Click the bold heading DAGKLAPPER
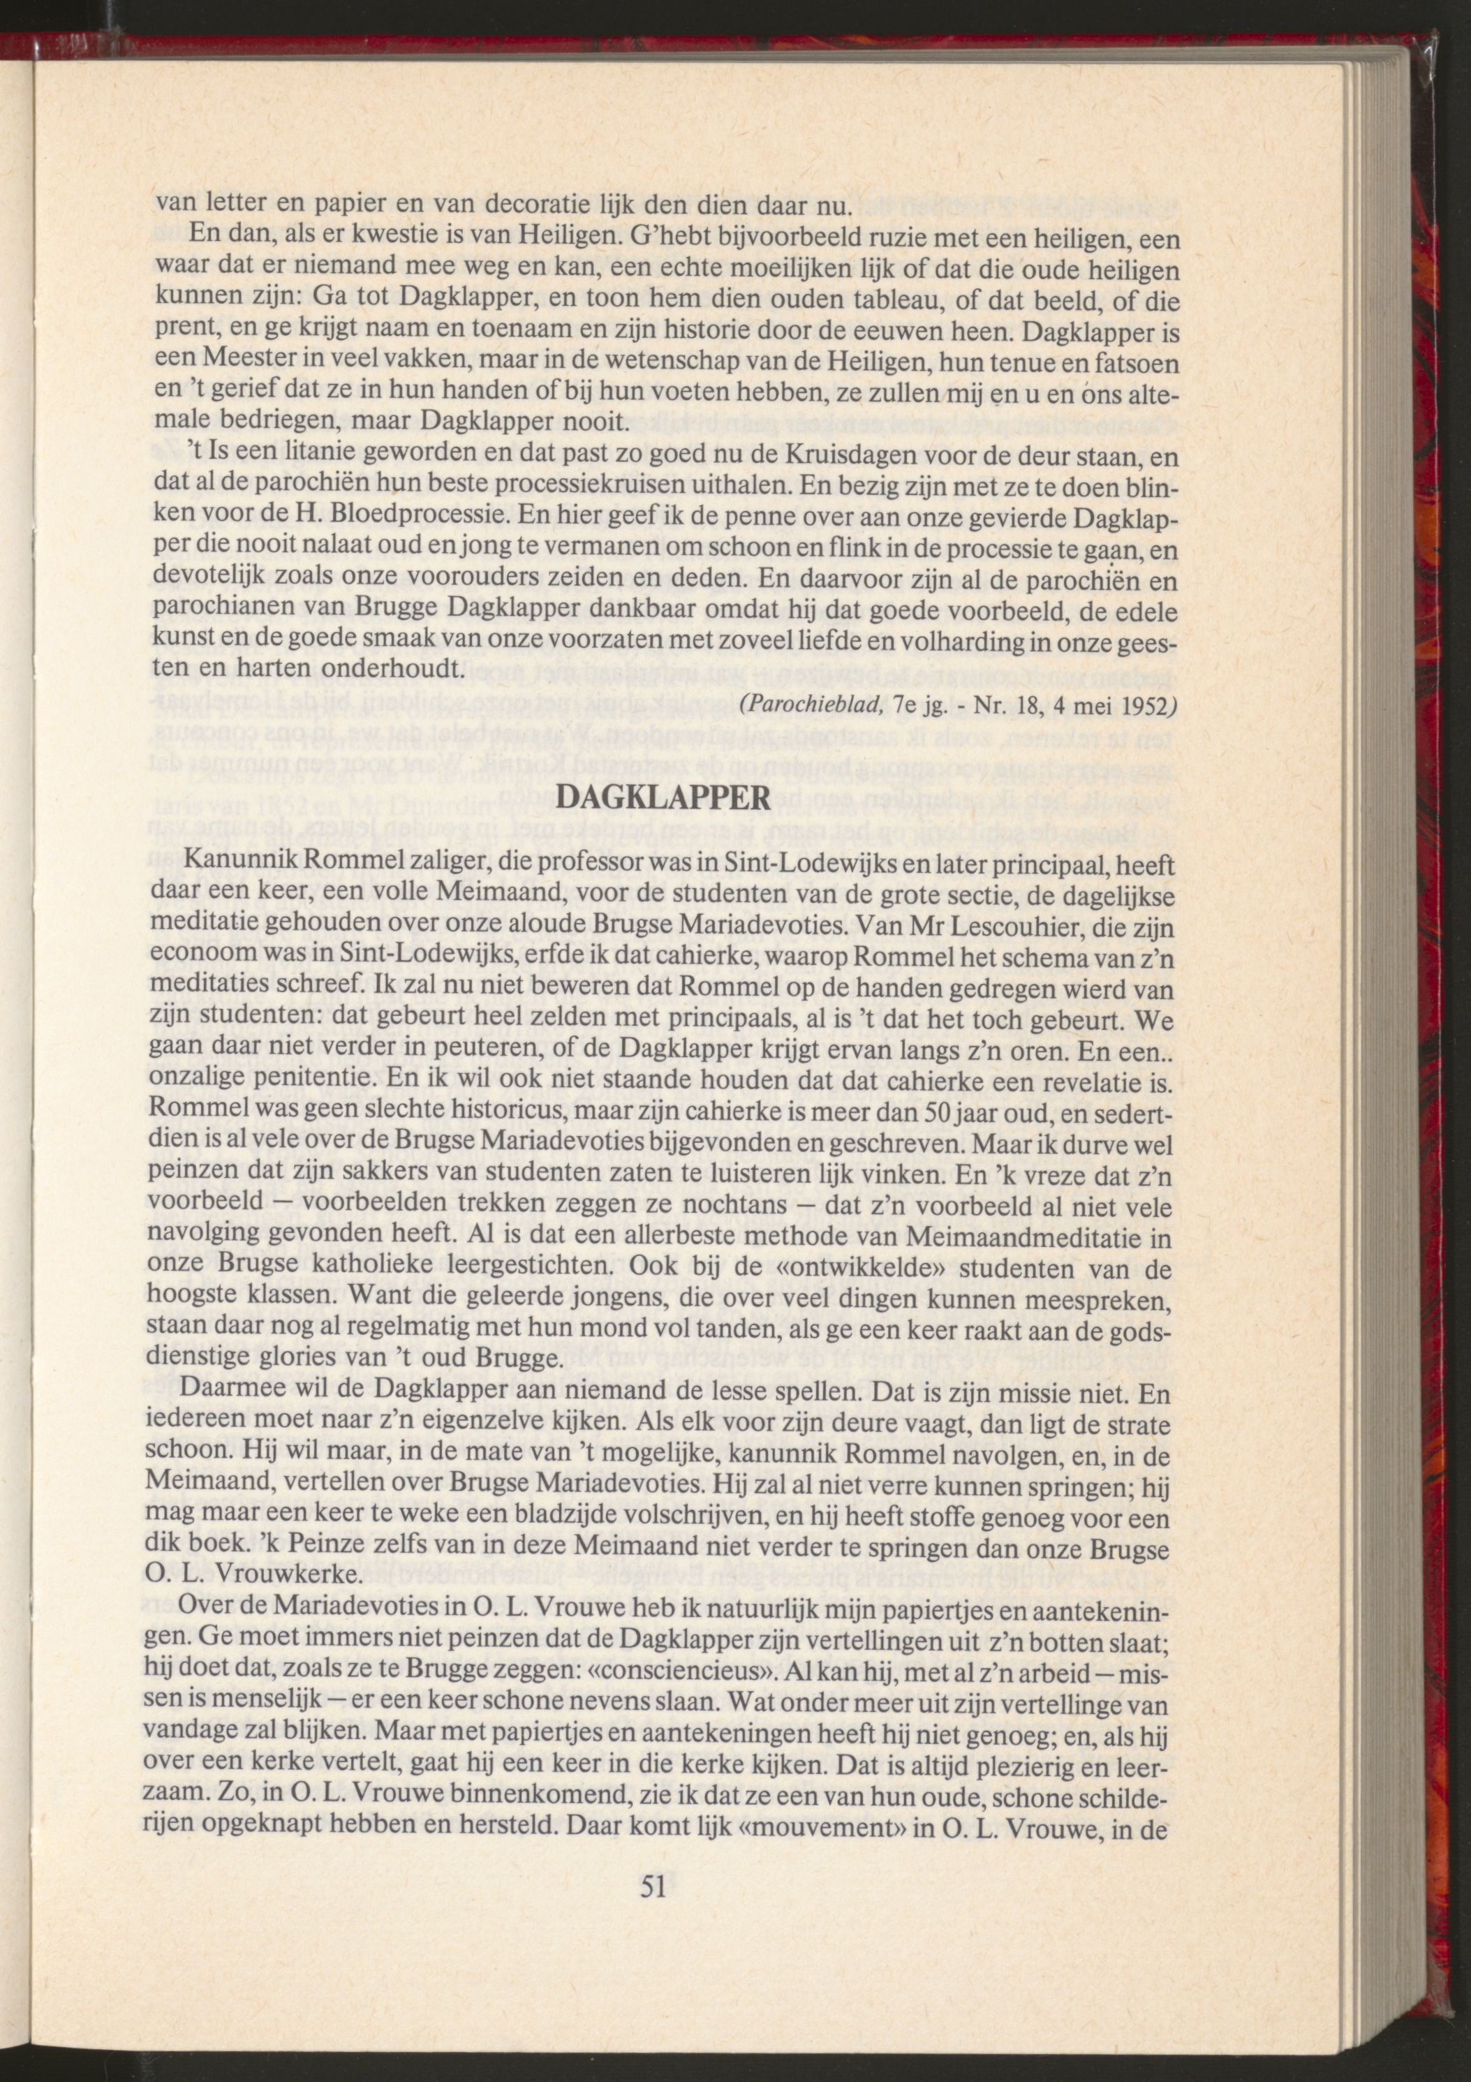click(x=662, y=797)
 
